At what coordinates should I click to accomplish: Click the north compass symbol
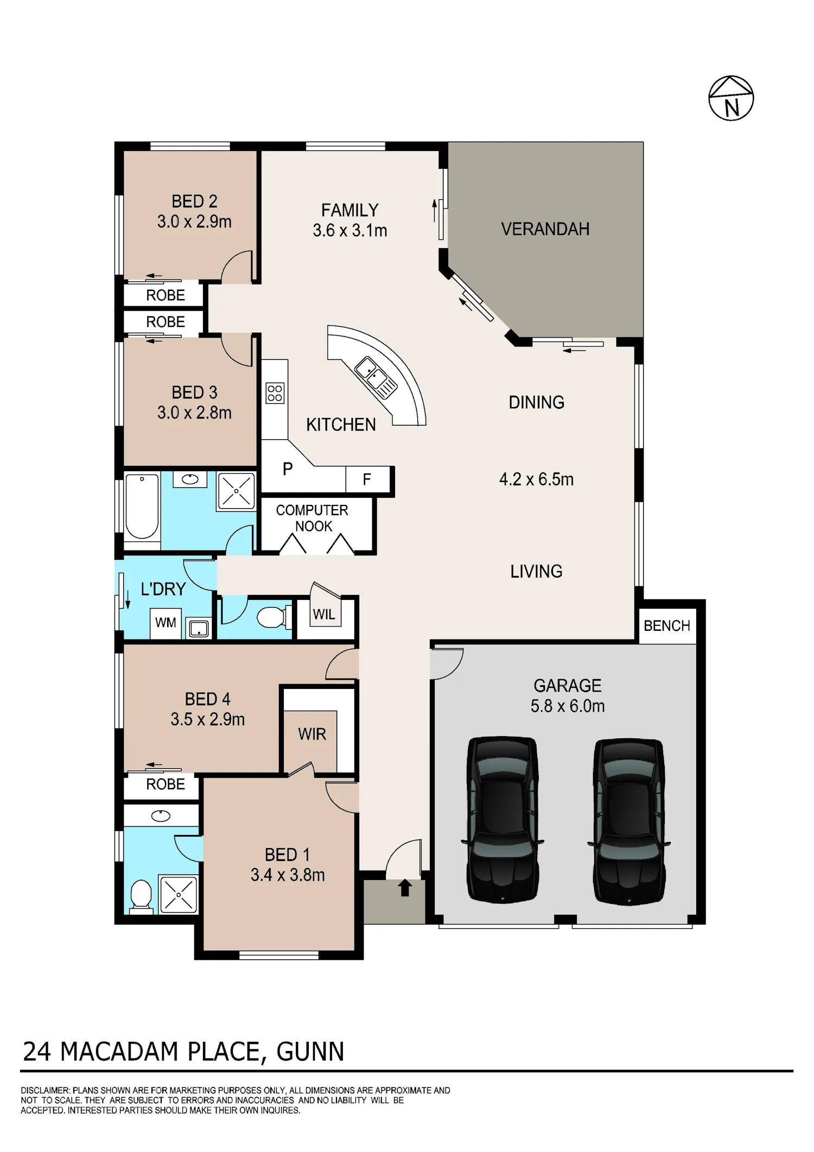point(731,98)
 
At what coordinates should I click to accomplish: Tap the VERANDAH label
point(545,229)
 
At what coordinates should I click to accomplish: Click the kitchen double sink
point(376,377)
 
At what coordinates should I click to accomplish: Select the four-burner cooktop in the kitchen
point(275,393)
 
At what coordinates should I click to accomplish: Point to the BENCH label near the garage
point(667,626)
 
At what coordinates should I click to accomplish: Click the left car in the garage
point(503,820)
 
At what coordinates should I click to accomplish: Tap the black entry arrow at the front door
point(405,888)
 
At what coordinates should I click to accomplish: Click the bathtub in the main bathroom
point(142,506)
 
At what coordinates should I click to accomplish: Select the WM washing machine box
point(166,623)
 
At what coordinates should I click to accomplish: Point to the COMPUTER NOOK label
point(313,518)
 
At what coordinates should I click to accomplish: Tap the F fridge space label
point(367,479)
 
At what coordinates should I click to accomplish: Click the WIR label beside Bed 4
point(312,734)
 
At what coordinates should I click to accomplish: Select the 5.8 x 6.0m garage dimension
point(568,706)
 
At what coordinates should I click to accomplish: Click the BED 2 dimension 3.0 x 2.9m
point(194,221)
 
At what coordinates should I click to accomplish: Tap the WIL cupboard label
point(324,614)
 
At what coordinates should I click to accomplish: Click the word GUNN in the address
point(310,1052)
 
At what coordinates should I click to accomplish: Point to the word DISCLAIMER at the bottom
point(45,1090)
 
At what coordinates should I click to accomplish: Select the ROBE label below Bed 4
point(166,784)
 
